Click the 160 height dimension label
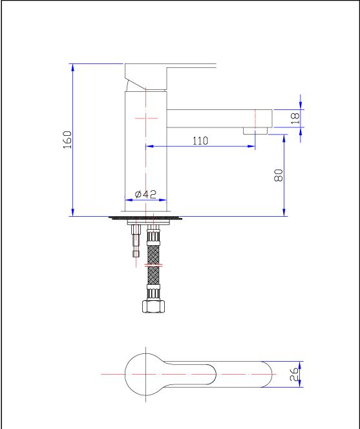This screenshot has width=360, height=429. tap(67, 140)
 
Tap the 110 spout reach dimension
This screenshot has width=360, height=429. tap(200, 141)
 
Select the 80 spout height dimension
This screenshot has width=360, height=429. tap(279, 175)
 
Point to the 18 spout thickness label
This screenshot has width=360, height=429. tap(295, 118)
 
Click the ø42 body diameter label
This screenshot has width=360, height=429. tap(145, 194)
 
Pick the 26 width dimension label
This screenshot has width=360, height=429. tap(294, 374)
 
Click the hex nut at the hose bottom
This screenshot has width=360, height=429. tap(154, 306)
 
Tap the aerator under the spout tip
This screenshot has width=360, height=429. tap(255, 131)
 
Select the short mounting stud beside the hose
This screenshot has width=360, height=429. tap(136, 241)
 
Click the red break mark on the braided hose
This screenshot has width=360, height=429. tap(154, 265)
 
